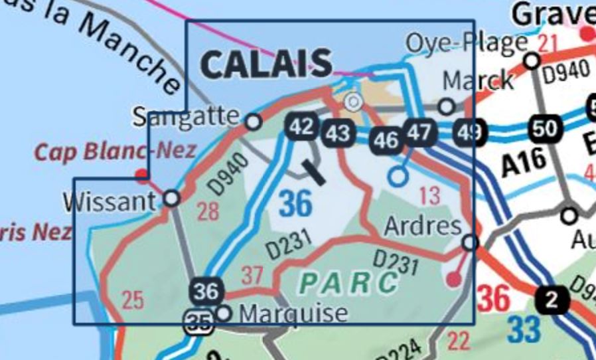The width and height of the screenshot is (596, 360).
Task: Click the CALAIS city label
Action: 265,64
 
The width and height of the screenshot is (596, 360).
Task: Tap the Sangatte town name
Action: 185,117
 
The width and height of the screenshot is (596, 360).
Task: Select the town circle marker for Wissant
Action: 171,198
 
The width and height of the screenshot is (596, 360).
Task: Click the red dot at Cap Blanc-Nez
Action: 141,175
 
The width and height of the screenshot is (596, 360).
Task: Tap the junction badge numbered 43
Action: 337,134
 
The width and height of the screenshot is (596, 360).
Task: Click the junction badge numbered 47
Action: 419,132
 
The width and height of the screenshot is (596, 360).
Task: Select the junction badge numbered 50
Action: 544,128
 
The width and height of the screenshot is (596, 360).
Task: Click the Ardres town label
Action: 423,226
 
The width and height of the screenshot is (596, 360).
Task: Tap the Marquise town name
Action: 293,314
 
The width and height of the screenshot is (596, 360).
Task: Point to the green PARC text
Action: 348,282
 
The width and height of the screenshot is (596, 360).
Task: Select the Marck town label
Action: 478,81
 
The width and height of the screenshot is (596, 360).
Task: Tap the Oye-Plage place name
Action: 466,44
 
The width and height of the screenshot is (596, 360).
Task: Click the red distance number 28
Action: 208,213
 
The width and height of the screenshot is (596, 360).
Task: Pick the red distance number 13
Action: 430,197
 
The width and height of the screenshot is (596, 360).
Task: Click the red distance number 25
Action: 133,300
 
